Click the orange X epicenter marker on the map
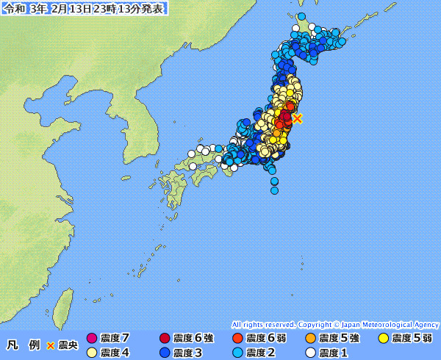(x=297, y=118)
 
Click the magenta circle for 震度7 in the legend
(x=91, y=339)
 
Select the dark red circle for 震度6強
(x=164, y=339)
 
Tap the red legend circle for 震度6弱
(x=237, y=339)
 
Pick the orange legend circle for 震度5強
(x=310, y=339)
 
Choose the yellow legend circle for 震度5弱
(x=383, y=339)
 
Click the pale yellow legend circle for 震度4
(x=91, y=353)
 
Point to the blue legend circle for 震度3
(x=164, y=353)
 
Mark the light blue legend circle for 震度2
(x=237, y=353)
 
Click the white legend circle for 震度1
(x=310, y=353)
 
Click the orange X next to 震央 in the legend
(x=51, y=345)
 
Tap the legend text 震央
(x=67, y=345)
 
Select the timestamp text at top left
(x=84, y=8)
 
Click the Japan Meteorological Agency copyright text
(x=335, y=324)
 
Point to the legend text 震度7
(x=116, y=339)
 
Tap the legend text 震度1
(x=335, y=353)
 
